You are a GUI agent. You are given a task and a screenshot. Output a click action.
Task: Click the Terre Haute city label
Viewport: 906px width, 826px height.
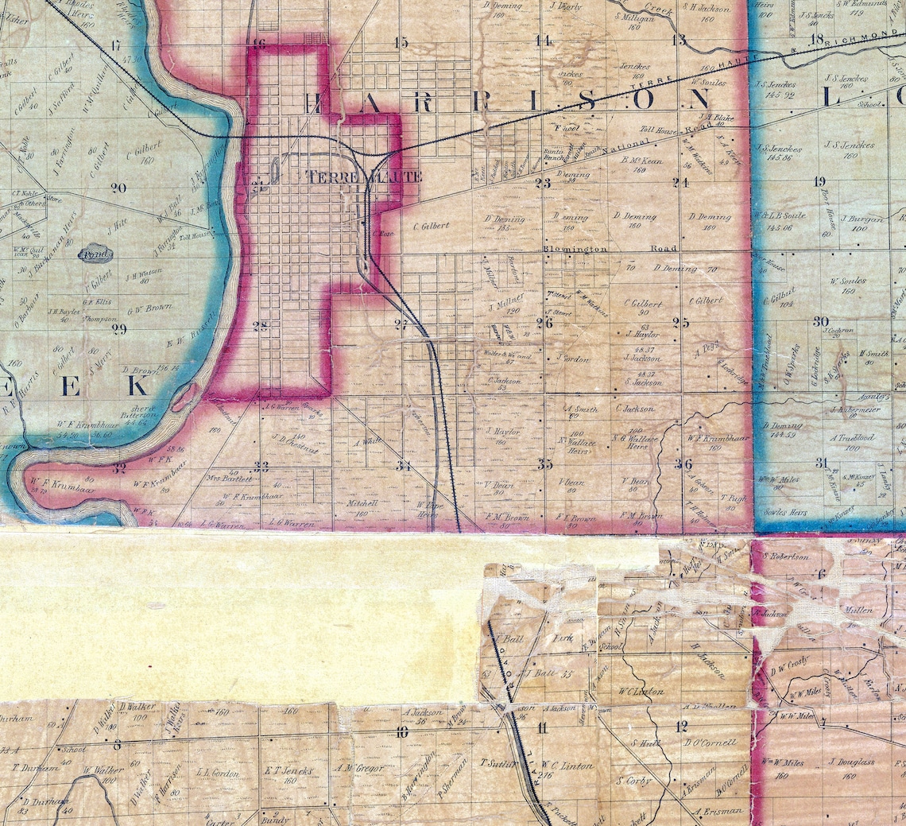(x=364, y=176)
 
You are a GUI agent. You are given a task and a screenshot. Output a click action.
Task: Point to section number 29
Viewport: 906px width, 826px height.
(x=119, y=329)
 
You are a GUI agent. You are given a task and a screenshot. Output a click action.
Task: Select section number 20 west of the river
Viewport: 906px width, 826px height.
(x=119, y=188)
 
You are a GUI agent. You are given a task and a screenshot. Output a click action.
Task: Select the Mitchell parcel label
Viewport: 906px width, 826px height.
(x=363, y=504)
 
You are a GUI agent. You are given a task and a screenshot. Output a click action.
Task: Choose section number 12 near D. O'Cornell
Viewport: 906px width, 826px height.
(x=681, y=726)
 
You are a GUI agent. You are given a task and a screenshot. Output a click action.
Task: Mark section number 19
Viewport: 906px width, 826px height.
(x=819, y=182)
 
